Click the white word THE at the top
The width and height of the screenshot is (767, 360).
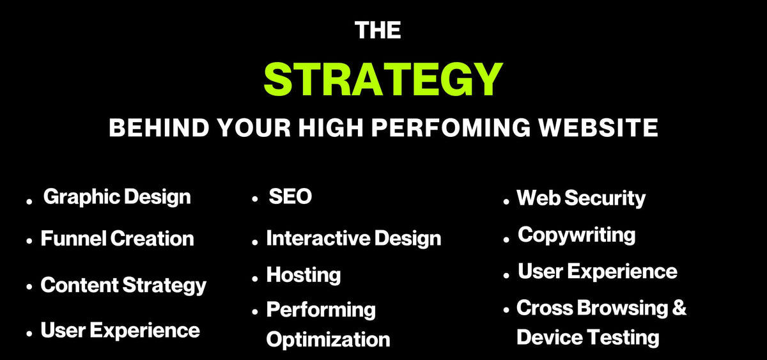pyautogui.click(x=378, y=30)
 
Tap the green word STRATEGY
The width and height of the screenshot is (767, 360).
pyautogui.click(x=383, y=79)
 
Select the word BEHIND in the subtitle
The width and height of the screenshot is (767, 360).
pyautogui.click(x=159, y=128)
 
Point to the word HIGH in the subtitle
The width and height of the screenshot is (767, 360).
pyautogui.click(x=330, y=128)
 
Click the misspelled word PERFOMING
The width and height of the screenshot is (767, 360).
pyautogui.click(x=451, y=128)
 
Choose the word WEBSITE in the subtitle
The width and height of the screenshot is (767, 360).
pyautogui.click(x=598, y=128)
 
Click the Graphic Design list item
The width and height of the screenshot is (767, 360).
pyautogui.click(x=117, y=198)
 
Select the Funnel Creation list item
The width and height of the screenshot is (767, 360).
pyautogui.click(x=118, y=239)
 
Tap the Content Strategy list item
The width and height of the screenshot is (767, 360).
pyautogui.click(x=123, y=286)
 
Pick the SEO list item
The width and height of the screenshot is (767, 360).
pyautogui.click(x=290, y=196)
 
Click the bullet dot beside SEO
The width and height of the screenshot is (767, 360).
pyautogui.click(x=254, y=199)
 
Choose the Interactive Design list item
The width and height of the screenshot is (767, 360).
pyautogui.click(x=353, y=239)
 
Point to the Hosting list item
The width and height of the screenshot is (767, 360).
pyautogui.click(x=304, y=276)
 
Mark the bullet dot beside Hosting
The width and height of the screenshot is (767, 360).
pyautogui.click(x=254, y=279)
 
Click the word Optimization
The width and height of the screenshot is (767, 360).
pyautogui.click(x=329, y=340)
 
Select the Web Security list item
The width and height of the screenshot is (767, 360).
pyautogui.click(x=582, y=199)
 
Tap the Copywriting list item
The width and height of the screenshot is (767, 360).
pyautogui.click(x=577, y=236)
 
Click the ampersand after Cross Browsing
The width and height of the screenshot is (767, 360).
pyautogui.click(x=679, y=308)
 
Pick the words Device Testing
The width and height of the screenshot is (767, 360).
pyautogui.click(x=588, y=338)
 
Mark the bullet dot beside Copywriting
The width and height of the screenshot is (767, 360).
pyautogui.click(x=506, y=239)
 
